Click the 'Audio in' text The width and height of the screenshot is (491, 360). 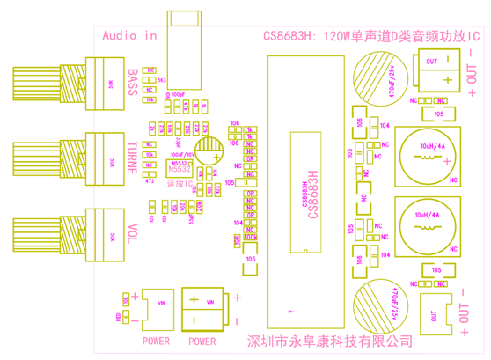click(x=128, y=36)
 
